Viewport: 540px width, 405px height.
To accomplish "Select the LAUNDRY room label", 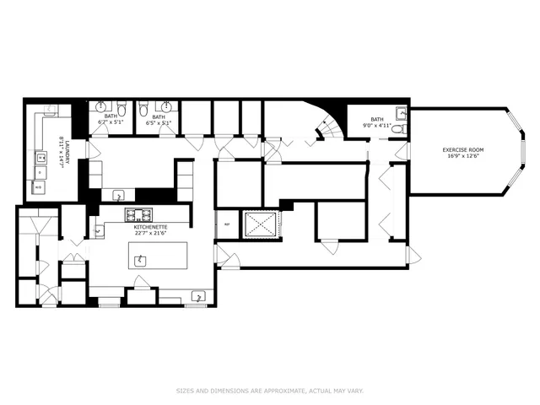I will pyautogui.click(x=61, y=141).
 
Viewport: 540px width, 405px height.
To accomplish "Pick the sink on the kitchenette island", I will pyautogui.click(x=140, y=260).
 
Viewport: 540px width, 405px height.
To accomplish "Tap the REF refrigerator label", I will pyautogui.click(x=226, y=224).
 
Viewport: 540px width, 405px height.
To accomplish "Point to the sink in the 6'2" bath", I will pyautogui.click(x=102, y=107).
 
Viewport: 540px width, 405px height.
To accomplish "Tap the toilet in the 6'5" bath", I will pyautogui.click(x=144, y=109).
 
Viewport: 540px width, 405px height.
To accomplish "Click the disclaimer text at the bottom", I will pyautogui.click(x=269, y=391).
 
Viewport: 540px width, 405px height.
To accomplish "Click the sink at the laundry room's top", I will pyautogui.click(x=51, y=111).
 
